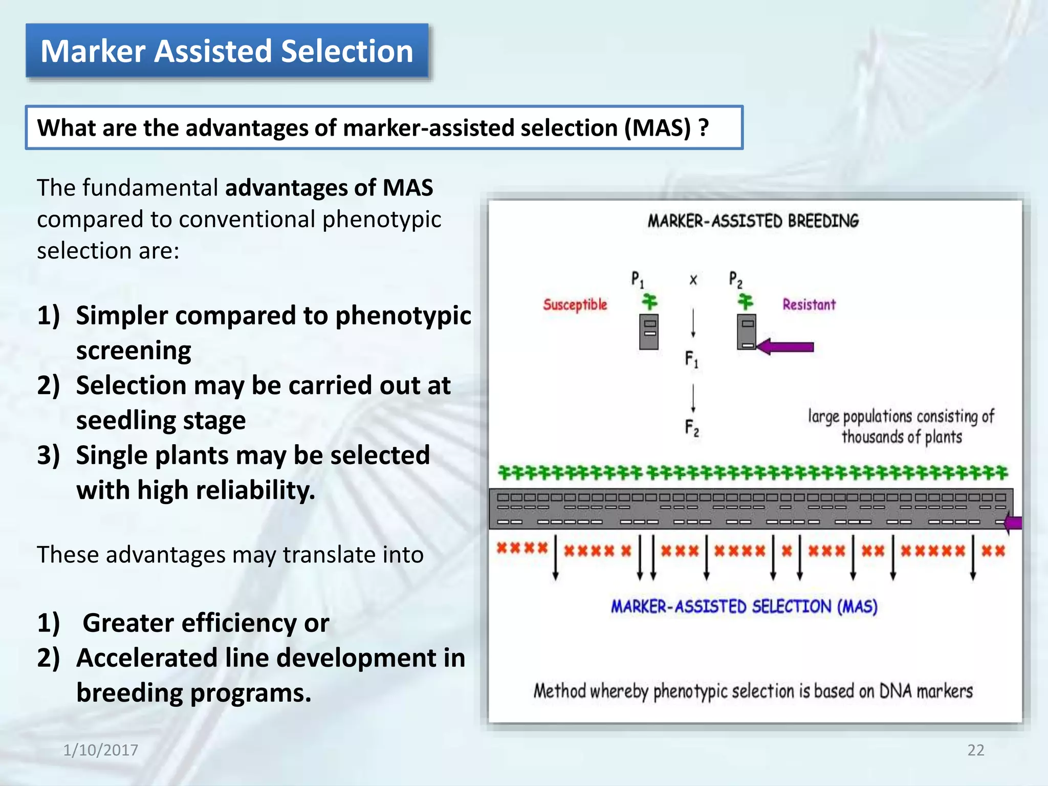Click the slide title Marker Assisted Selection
click(x=227, y=51)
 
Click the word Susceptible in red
click(x=575, y=304)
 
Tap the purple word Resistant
click(x=809, y=304)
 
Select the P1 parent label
click(x=637, y=280)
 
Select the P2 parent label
click(x=735, y=280)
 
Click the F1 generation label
click(x=691, y=359)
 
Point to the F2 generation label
click(x=691, y=428)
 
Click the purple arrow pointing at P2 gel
click(x=785, y=347)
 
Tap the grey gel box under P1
click(x=649, y=332)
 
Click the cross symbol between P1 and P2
click(x=693, y=280)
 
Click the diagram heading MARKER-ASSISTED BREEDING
click(x=753, y=221)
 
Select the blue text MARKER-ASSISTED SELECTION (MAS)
click(x=744, y=607)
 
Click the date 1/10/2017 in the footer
click(x=100, y=750)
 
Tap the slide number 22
click(x=975, y=750)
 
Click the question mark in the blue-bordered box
click(x=704, y=127)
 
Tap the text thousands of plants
click(x=902, y=437)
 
